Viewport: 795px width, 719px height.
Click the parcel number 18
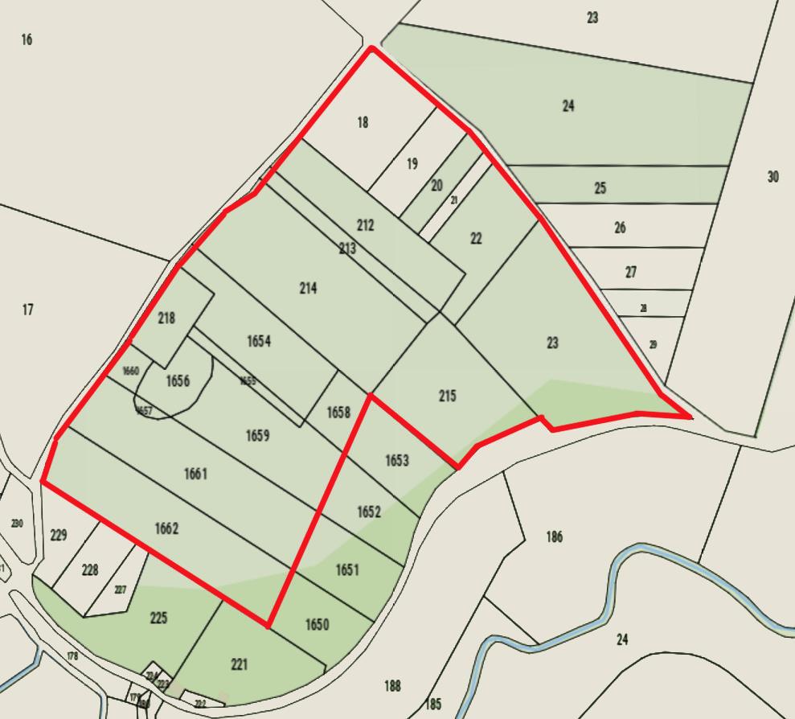click(363, 122)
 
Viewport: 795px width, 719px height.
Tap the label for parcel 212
click(365, 225)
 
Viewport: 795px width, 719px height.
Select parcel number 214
click(308, 288)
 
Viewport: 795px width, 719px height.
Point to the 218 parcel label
click(166, 318)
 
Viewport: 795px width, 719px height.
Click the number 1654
click(258, 342)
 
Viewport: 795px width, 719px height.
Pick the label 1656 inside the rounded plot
click(178, 381)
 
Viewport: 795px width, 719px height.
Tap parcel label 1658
click(338, 413)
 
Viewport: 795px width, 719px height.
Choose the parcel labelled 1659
click(257, 436)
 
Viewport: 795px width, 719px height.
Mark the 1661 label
click(195, 475)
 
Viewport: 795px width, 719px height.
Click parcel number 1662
click(166, 529)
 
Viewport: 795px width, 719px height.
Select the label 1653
click(397, 461)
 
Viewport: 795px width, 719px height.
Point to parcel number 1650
click(317, 625)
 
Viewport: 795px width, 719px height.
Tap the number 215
click(448, 396)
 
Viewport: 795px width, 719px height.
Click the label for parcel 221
click(239, 664)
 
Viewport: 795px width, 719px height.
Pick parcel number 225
click(158, 618)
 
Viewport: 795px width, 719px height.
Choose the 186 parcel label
click(554, 537)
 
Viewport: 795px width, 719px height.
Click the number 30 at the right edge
click(772, 177)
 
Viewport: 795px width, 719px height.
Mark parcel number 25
click(600, 188)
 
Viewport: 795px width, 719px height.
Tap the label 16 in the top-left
click(27, 39)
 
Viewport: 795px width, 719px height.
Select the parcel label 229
click(59, 535)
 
